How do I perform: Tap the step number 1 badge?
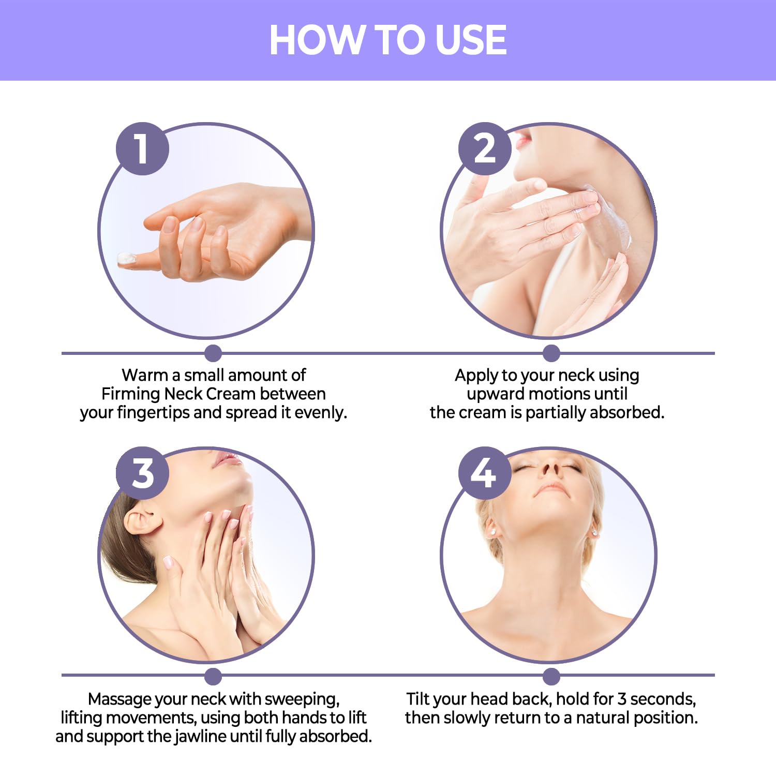tap(142, 148)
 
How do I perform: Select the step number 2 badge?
tap(485, 148)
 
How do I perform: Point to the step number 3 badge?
tap(142, 473)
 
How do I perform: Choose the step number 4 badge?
tap(485, 473)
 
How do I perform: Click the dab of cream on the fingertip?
tap(126, 259)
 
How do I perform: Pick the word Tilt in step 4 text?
tap(418, 699)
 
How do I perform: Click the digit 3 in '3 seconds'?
tap(622, 699)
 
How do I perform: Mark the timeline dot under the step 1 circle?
tap(213, 353)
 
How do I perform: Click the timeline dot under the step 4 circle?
tap(551, 676)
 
